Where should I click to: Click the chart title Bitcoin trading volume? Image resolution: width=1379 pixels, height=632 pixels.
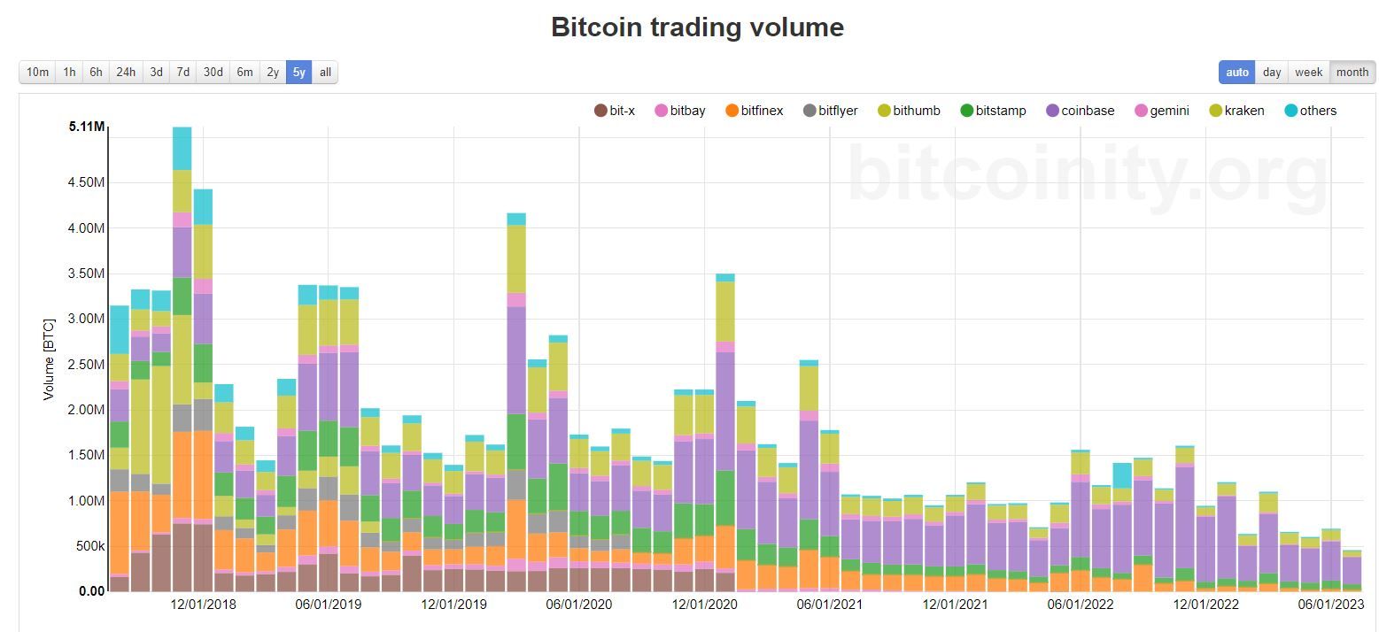697,27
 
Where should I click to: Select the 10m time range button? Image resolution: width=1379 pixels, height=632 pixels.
37,73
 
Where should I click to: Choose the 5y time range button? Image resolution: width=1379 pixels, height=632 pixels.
298,73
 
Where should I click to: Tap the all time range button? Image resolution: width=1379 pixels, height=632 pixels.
325,73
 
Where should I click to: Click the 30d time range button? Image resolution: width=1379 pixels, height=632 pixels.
213,73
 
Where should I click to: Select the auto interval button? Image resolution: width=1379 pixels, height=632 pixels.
1237,73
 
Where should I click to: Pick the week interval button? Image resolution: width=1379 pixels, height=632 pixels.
1308,73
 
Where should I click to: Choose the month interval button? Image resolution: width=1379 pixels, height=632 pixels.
1352,73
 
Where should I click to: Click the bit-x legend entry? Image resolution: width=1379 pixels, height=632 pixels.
615,111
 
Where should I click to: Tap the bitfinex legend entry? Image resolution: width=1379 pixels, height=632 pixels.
754,111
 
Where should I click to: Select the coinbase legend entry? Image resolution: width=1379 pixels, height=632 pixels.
1080,111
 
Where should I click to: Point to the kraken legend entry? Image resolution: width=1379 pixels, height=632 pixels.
1236,111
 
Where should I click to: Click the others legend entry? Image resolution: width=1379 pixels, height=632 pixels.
1310,111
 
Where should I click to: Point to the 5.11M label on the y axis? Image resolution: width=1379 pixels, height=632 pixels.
86,127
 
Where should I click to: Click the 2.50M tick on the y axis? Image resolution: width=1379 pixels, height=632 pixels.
86,365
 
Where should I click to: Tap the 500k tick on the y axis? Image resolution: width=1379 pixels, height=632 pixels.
89,546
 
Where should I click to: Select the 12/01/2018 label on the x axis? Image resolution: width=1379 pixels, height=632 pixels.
203,605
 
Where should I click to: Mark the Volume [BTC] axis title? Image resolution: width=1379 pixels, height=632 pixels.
49,359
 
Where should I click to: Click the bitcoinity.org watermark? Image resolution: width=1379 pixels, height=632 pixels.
1088,177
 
